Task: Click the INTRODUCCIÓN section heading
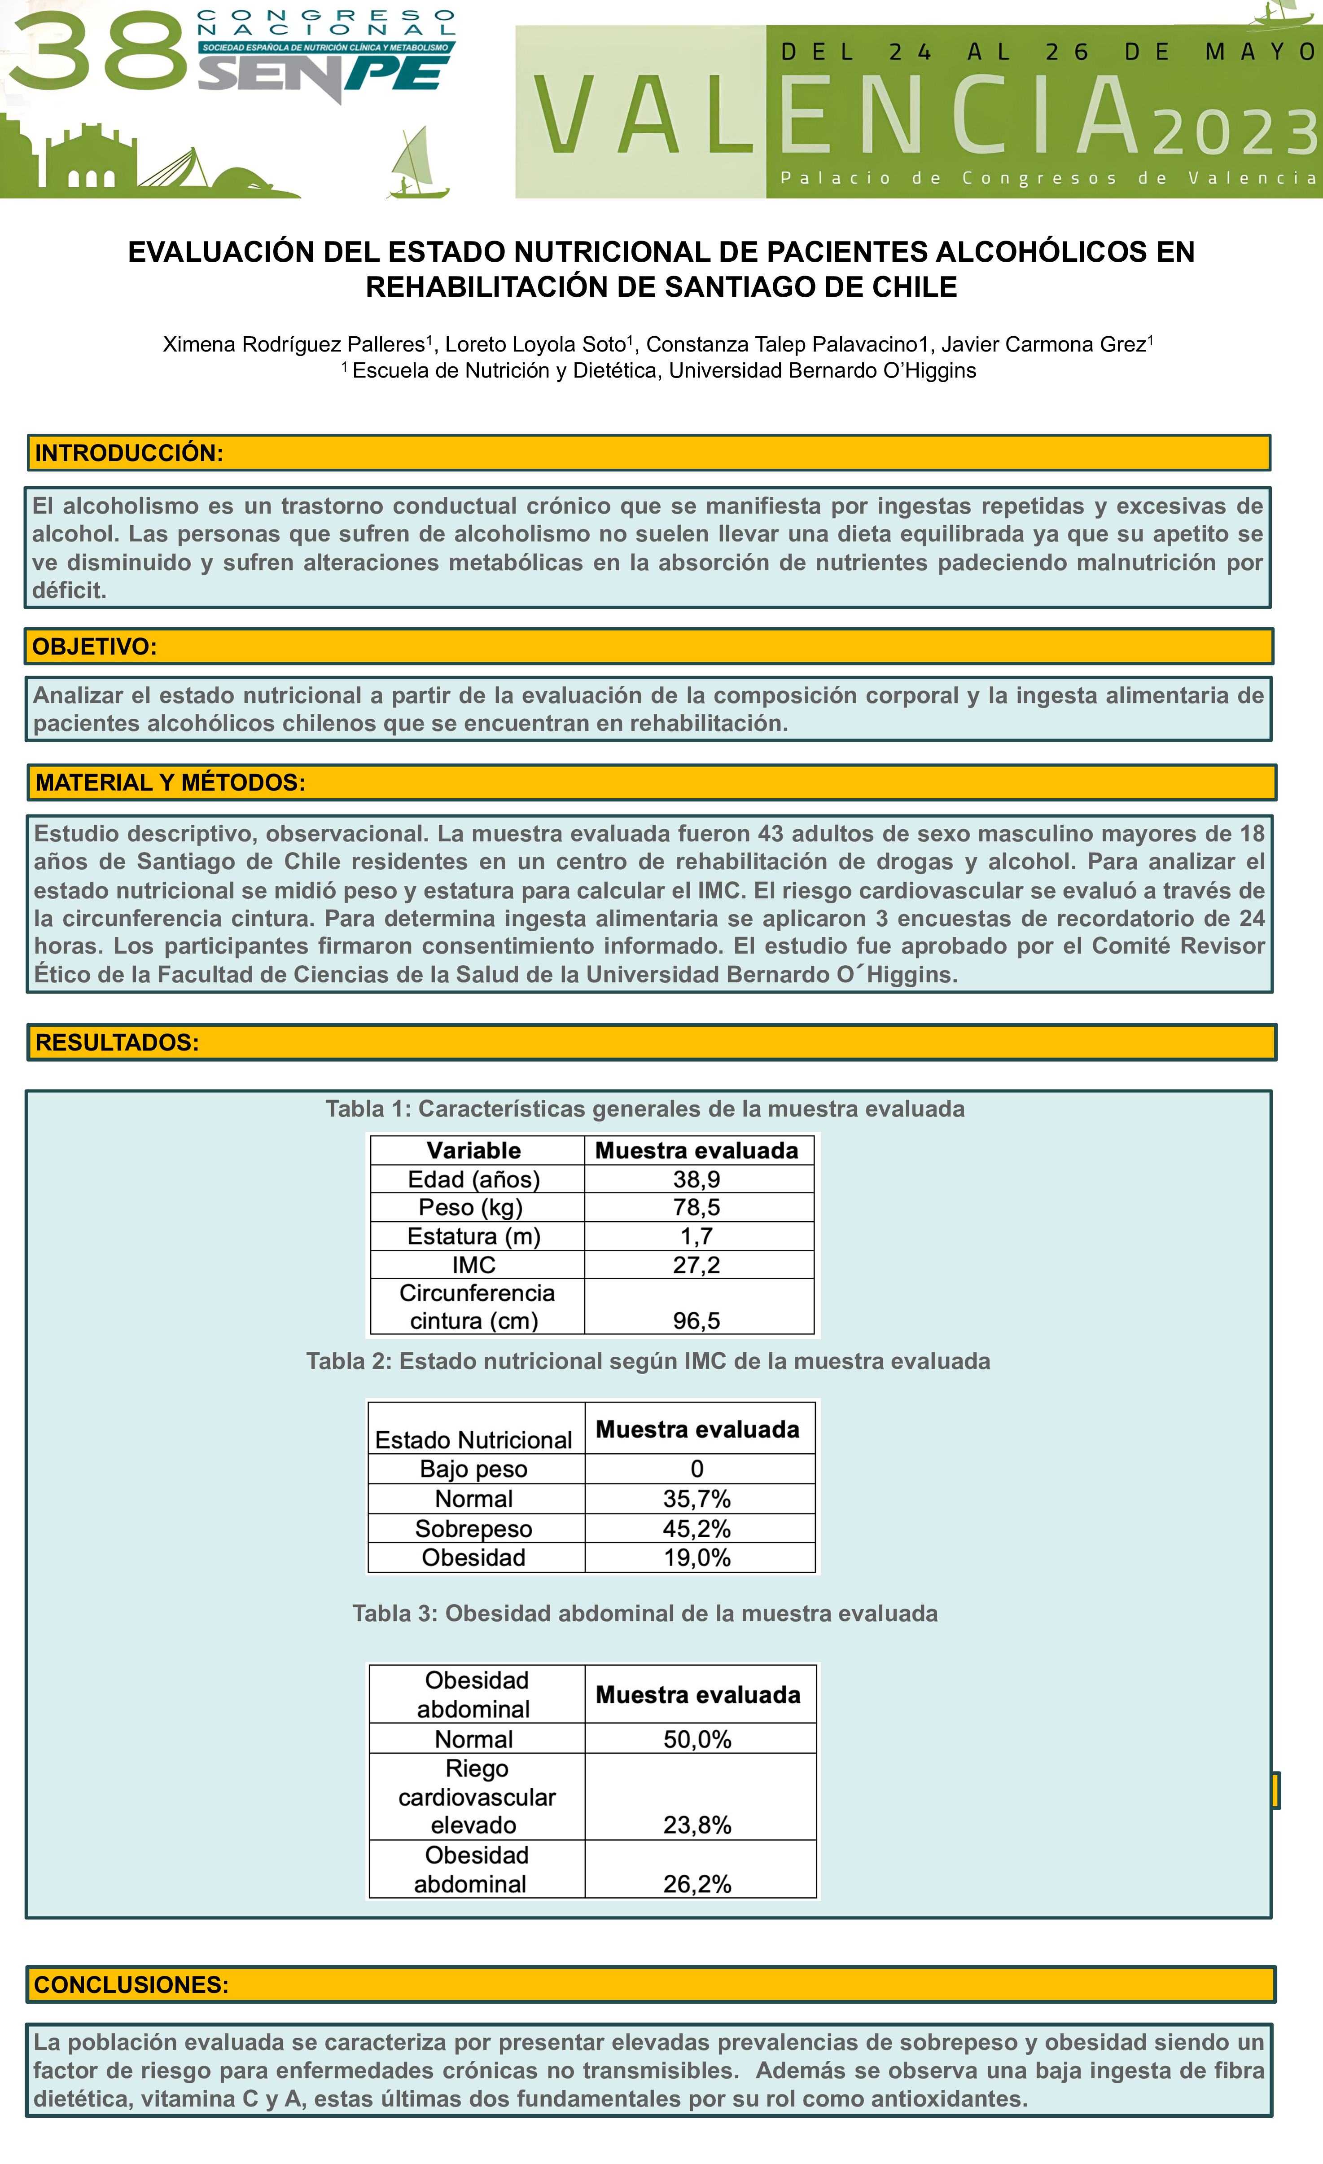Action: coord(129,453)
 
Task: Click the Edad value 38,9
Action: coord(697,1179)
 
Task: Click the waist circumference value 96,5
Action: coord(697,1321)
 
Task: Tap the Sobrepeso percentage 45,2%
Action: coord(697,1529)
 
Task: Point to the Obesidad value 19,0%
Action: coord(697,1558)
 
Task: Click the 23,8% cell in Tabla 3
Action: coord(697,1825)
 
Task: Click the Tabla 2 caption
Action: coord(648,1361)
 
